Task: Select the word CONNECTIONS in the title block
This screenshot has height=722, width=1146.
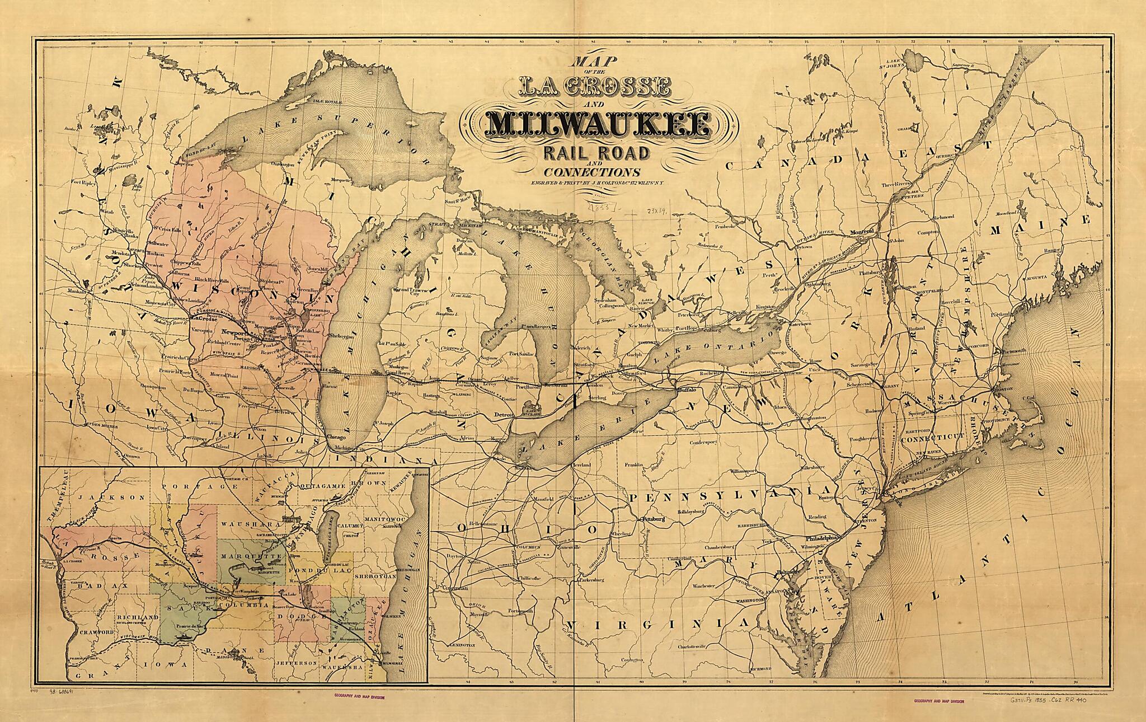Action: coord(592,172)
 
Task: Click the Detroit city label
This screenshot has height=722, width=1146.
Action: coord(504,415)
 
